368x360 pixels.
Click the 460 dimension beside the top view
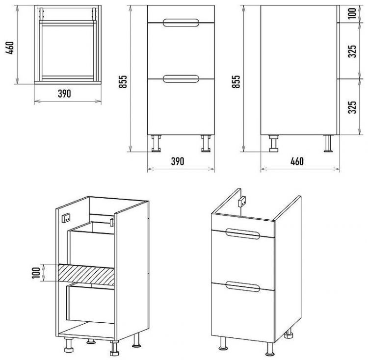coord(10,48)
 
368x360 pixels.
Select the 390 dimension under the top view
coord(64,94)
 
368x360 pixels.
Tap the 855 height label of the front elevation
coord(123,81)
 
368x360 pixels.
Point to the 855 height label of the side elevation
coord(236,81)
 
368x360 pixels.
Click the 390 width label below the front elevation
coord(178,161)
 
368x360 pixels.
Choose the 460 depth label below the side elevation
coord(297,161)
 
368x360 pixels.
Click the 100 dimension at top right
coord(352,13)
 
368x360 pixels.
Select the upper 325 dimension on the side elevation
coord(352,51)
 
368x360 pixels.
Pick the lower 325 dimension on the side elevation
coord(352,107)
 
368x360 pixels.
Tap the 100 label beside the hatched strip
coord(36,273)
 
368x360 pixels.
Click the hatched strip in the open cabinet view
coord(86,274)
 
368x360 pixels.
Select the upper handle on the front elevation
coord(181,23)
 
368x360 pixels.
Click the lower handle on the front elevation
coord(181,79)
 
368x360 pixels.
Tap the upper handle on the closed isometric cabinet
coord(243,234)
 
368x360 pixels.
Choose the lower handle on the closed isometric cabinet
coord(243,286)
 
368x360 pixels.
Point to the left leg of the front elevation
coord(156,143)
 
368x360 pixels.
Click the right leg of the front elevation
coord(206,143)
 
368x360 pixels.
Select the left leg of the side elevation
coord(274,143)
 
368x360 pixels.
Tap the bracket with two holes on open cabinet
coord(65,218)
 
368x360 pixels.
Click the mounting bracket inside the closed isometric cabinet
coord(242,202)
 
